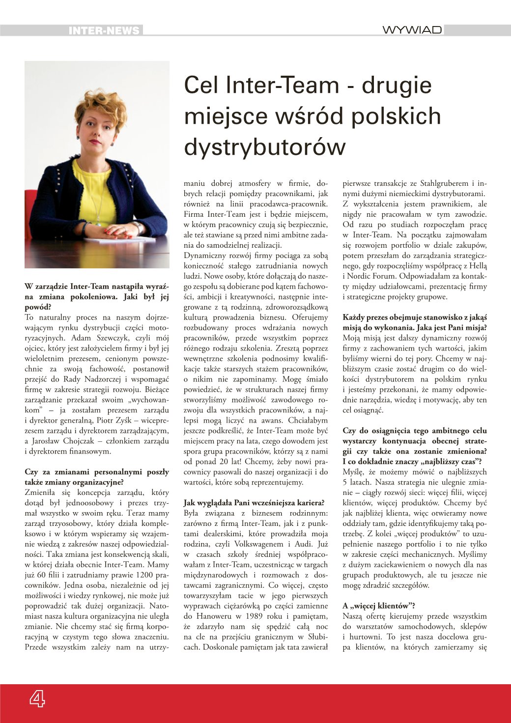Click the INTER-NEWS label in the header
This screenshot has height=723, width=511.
click(x=104, y=30)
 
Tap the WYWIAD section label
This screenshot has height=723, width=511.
click(x=412, y=30)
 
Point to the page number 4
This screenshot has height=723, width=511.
click(x=36, y=698)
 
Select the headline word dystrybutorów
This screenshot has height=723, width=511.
click(x=265, y=147)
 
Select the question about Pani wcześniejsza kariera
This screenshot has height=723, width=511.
click(x=254, y=503)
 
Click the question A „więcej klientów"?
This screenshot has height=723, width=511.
click(x=376, y=606)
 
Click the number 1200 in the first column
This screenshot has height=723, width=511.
click(x=124, y=575)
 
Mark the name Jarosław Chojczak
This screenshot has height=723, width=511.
click(x=64, y=441)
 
